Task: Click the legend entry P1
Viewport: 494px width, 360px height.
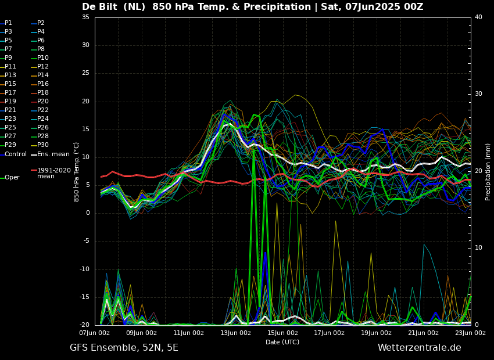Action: pyautogui.click(x=8, y=23)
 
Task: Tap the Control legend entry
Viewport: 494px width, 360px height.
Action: pyautogui.click(x=16, y=154)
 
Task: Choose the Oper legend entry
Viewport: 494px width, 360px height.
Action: pyautogui.click(x=12, y=178)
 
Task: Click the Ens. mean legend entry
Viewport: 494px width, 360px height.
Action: pyautogui.click(x=53, y=154)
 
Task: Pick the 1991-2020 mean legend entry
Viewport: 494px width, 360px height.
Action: pyautogui.click(x=53, y=173)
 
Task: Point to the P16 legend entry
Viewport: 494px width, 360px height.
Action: pyautogui.click(x=43, y=84)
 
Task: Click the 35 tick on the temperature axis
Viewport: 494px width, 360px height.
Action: pyautogui.click(x=85, y=17)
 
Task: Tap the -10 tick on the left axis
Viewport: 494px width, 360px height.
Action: pyautogui.click(x=84, y=269)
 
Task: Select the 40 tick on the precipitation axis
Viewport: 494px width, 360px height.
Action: pyautogui.click(x=478, y=17)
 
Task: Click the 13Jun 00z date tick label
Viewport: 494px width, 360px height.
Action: pyautogui.click(x=235, y=333)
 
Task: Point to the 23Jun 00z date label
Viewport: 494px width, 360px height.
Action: pyautogui.click(x=470, y=333)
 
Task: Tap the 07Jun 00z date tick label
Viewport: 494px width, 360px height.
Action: pyautogui.click(x=95, y=333)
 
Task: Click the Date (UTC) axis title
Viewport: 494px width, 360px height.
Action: pyautogui.click(x=282, y=343)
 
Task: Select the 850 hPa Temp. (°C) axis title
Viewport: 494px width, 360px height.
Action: pyautogui.click(x=77, y=171)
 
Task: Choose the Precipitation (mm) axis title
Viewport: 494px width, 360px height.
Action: pyautogui.click(x=488, y=171)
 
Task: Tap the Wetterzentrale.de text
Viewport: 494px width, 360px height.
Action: pyautogui.click(x=419, y=348)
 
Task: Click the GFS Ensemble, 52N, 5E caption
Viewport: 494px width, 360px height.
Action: pyautogui.click(x=124, y=348)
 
